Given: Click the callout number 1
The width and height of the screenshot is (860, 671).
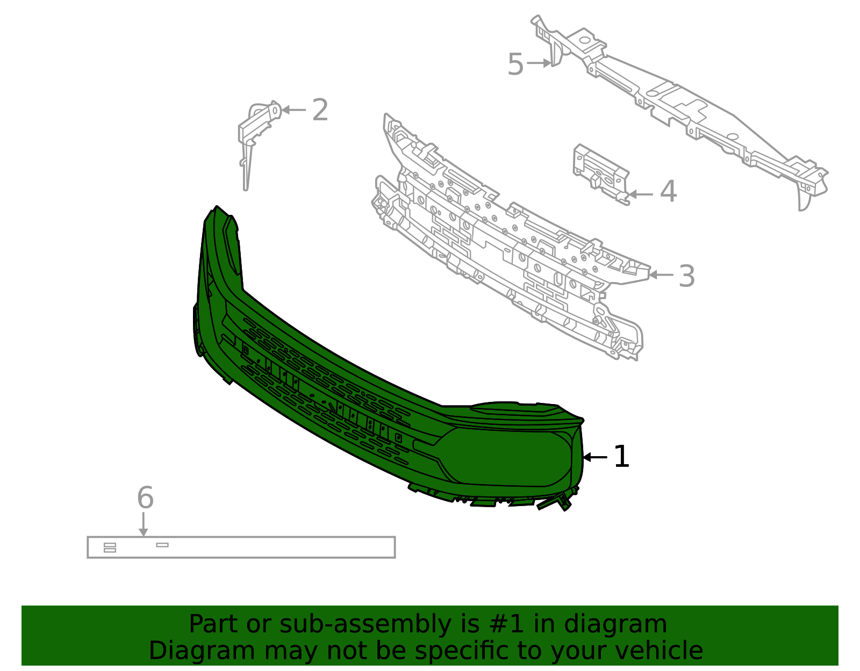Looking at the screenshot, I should (621, 457).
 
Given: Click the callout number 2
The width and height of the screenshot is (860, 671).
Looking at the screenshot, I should (320, 110).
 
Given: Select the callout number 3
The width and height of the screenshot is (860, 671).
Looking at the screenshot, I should (686, 276).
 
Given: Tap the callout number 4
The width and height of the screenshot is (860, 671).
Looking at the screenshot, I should (668, 192).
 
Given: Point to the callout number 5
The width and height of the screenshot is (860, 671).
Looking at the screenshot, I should (515, 65).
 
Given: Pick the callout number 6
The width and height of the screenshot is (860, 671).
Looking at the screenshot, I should (145, 497).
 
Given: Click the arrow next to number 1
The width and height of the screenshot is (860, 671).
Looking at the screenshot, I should (595, 457).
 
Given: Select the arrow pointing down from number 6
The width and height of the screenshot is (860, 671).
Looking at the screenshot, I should (143, 524).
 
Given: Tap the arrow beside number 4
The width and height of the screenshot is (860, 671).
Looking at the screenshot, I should (641, 194).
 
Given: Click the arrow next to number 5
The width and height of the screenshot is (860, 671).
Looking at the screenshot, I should (539, 63).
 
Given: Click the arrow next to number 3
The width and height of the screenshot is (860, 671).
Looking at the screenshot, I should (661, 275).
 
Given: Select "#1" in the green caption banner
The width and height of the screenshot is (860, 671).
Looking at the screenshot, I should (507, 624).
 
